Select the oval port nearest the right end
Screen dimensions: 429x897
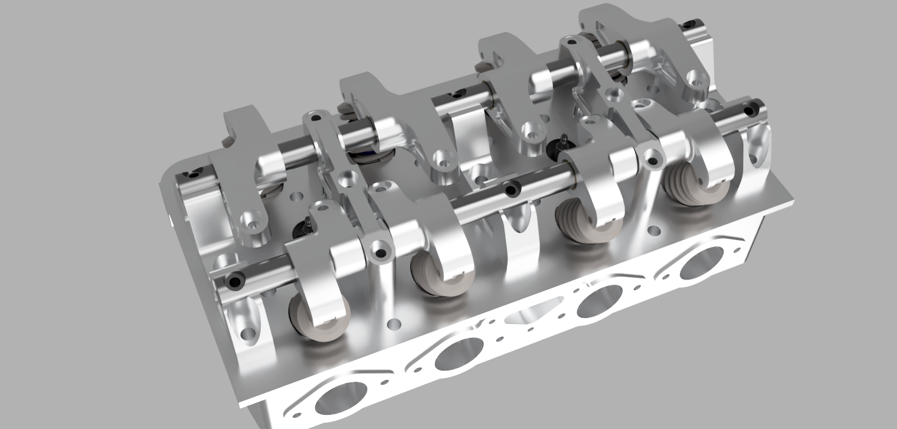[x=701, y=262]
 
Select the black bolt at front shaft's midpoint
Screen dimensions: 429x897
[x=511, y=188]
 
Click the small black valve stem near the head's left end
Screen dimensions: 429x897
[x=306, y=223]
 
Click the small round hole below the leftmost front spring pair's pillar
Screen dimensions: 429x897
[x=392, y=324]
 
